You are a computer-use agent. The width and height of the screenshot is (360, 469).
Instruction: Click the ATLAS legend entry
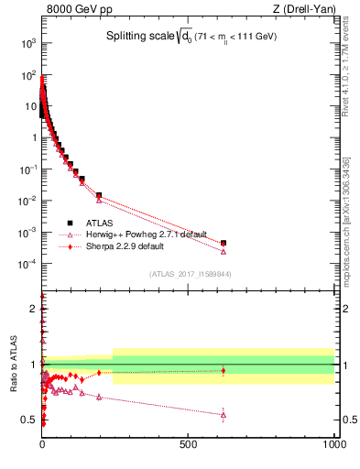[100, 223]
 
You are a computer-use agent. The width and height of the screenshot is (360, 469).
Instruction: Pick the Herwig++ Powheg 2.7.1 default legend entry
[146, 234]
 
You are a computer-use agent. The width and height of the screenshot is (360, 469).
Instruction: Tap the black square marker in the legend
[70, 223]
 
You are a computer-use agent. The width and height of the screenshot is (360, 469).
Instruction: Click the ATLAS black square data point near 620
[224, 243]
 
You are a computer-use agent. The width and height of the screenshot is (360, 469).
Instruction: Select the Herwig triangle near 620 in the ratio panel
[224, 415]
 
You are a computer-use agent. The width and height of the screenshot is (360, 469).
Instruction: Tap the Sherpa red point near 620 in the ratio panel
[224, 371]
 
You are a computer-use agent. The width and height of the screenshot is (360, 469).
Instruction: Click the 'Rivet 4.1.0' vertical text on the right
[351, 69]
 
